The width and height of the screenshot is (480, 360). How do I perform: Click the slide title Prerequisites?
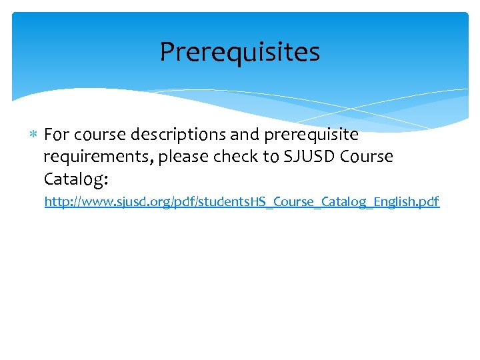[240, 52]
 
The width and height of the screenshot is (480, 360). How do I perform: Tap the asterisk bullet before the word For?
[35, 135]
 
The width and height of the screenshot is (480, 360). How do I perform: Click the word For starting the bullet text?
[57, 135]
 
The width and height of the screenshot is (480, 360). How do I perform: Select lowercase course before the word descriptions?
[100, 135]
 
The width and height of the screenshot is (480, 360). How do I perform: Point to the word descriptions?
[178, 135]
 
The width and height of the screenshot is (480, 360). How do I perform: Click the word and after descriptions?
[245, 135]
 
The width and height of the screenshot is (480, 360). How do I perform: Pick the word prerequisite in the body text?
[311, 135]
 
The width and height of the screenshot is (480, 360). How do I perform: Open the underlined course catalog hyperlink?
[242, 201]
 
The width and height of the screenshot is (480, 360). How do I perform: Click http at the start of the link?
[56, 201]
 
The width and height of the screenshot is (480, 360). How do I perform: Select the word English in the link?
[395, 201]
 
